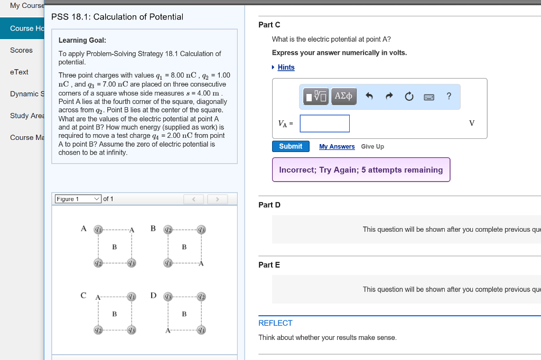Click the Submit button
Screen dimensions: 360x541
291,146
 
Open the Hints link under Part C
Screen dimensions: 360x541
286,67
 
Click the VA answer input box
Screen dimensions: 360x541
324,124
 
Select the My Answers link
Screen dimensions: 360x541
337,147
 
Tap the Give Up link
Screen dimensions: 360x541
372,147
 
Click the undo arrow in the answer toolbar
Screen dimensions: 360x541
369,96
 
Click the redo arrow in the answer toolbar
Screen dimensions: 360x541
389,96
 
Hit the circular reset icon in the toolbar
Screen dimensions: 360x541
408,96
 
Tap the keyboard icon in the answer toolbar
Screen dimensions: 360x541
428,97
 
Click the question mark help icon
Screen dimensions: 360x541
449,96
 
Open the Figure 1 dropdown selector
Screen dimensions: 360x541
78,199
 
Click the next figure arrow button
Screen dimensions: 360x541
217,199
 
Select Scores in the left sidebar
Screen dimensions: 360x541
21,50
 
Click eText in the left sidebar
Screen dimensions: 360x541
19,72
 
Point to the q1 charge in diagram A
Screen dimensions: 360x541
98,229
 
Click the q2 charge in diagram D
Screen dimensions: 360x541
201,296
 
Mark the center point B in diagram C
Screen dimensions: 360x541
114,314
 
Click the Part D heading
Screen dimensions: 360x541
269,205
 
